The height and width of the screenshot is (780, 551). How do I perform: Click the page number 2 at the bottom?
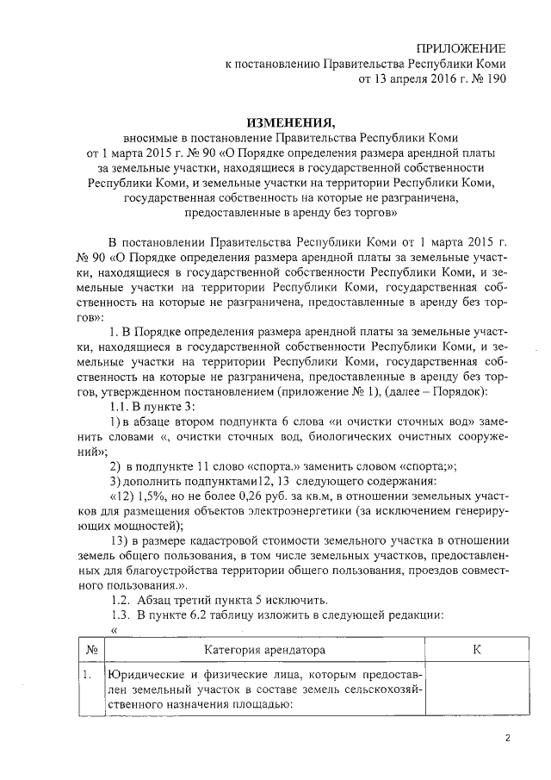[x=507, y=738]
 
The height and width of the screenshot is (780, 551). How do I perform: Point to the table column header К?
[x=476, y=647]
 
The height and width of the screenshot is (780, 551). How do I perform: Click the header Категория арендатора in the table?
[x=264, y=647]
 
